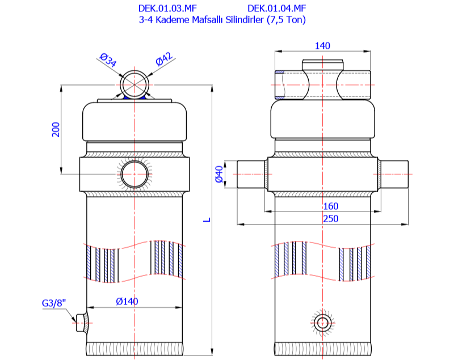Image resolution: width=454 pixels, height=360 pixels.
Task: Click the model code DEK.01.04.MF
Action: coord(277,9)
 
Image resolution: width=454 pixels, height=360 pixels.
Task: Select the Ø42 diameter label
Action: coord(165,59)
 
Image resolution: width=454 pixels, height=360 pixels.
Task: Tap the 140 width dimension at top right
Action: coord(322,46)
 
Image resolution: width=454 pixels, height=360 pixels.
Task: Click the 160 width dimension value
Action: coord(322,206)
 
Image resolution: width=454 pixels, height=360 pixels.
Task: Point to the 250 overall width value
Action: coord(322,218)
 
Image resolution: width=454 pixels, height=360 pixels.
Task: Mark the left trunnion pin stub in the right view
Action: coord(250,175)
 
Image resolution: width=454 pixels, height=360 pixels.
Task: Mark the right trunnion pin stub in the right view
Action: coord(395,175)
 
